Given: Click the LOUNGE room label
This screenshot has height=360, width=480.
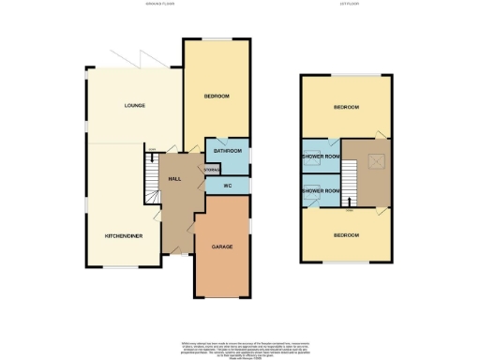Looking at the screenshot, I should point(134,105).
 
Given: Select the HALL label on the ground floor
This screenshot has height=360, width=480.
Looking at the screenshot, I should point(174,178).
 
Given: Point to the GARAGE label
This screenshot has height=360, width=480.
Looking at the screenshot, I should point(222,247).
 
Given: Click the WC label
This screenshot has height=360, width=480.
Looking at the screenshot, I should point(226,186).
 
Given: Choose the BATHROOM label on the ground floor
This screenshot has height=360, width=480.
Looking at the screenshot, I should point(228,151).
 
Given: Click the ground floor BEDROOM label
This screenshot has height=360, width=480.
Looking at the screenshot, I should point(217,96).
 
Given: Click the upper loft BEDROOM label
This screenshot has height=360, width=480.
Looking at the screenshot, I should point(346,108).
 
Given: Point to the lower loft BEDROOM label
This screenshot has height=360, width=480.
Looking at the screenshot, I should point(346,234).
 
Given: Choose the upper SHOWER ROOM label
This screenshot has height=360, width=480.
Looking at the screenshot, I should point(320,156).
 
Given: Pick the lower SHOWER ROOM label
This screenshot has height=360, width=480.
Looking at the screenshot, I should point(320,191).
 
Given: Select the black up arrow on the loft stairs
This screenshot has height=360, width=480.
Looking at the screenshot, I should point(349,200).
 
